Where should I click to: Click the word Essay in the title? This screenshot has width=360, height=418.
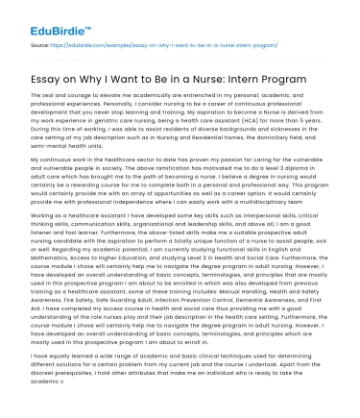[x=47, y=77]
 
